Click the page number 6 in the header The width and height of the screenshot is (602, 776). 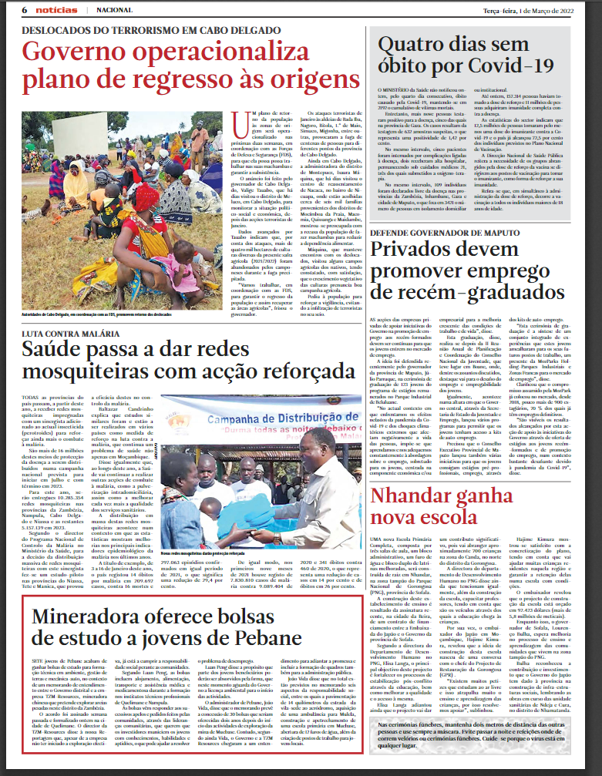click(25, 9)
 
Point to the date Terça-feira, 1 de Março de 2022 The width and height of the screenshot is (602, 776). click(529, 9)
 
